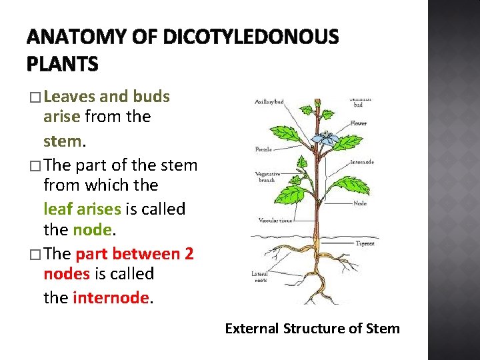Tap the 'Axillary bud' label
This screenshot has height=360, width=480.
(x=269, y=102)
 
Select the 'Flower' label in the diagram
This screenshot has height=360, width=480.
(x=359, y=123)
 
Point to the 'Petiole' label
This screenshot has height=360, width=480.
(x=263, y=149)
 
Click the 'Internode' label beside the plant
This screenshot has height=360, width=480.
(x=361, y=162)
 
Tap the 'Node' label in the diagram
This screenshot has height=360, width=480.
(x=360, y=203)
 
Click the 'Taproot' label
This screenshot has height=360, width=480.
(x=365, y=243)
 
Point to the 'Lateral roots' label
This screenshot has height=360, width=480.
(x=261, y=276)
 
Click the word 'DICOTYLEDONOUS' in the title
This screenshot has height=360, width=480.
(x=254, y=37)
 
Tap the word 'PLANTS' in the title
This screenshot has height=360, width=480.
(x=62, y=64)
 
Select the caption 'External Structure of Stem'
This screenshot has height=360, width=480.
(x=312, y=328)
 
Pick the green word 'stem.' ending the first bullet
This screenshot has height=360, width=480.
(x=64, y=142)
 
